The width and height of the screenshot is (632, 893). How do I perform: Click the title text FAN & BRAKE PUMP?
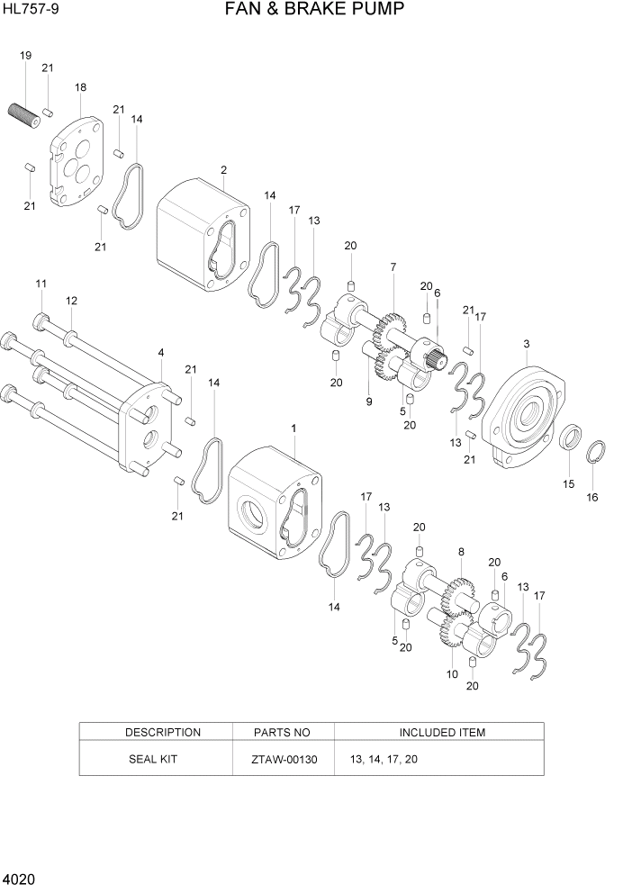click(x=315, y=10)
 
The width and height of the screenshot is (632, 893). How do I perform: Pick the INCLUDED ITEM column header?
click(x=441, y=732)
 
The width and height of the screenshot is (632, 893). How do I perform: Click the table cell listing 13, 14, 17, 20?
click(x=384, y=760)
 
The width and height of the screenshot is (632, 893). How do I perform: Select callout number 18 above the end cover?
click(x=80, y=87)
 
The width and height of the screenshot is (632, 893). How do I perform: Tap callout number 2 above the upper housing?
click(x=223, y=169)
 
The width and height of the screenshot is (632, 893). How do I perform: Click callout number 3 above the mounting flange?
click(x=526, y=343)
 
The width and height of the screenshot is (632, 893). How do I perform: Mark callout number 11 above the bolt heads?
click(x=41, y=284)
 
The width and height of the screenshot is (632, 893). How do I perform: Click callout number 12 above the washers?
click(x=71, y=300)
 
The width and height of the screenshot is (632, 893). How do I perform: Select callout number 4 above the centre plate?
click(x=160, y=352)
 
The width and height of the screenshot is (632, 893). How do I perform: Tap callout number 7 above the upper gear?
click(x=393, y=266)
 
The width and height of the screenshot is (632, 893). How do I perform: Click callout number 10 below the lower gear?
click(x=452, y=673)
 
